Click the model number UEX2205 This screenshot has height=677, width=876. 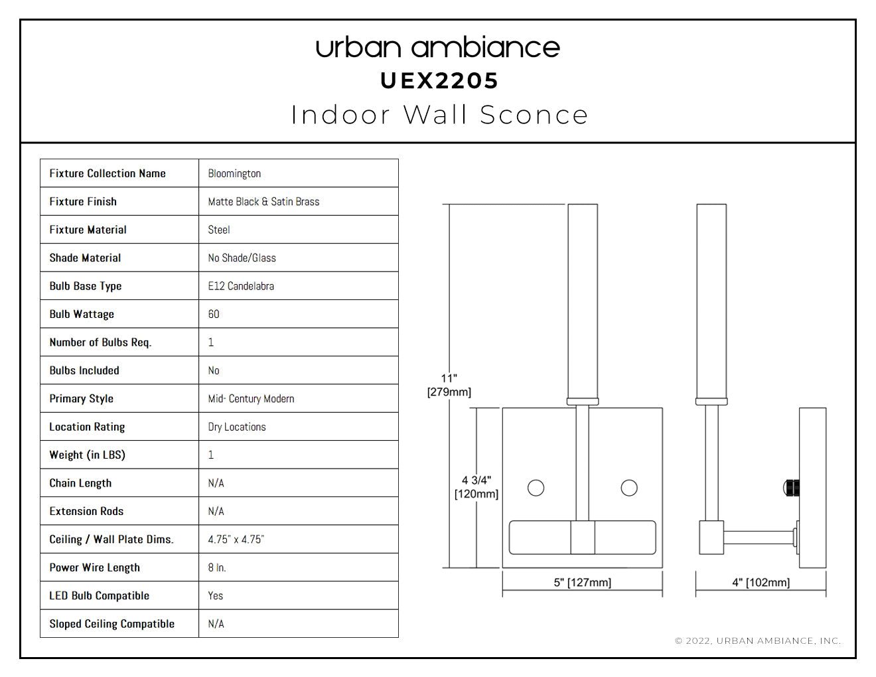click(439, 81)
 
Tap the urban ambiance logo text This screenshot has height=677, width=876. click(438, 47)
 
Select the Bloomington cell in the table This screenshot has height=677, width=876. click(234, 173)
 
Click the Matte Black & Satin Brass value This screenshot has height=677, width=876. click(263, 202)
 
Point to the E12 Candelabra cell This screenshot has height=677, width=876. click(241, 286)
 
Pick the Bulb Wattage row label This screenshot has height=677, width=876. click(82, 314)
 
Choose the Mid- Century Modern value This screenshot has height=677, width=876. click(251, 398)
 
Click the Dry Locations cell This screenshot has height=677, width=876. click(237, 427)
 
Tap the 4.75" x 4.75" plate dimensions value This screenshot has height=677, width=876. click(236, 539)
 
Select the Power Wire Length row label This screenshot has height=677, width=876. click(94, 567)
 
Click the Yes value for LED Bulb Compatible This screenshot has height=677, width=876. click(215, 595)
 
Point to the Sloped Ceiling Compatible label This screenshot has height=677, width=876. click(111, 624)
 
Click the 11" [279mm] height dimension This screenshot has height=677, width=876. click(449, 385)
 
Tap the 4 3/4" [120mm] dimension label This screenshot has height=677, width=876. click(476, 487)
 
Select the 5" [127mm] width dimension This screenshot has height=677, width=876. click(582, 582)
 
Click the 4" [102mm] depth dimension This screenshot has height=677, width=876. click(761, 582)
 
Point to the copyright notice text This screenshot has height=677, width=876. click(758, 640)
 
